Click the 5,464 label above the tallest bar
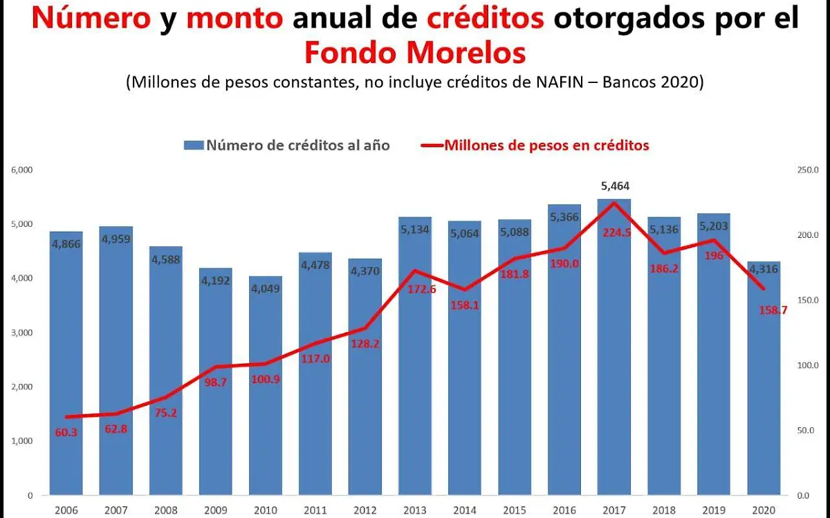click(614, 186)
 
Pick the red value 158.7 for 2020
click(773, 311)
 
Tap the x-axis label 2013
click(414, 510)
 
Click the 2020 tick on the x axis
click(763, 510)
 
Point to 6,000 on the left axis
click(23, 170)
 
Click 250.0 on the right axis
click(808, 170)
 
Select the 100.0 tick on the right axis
click(808, 365)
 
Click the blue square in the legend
click(194, 145)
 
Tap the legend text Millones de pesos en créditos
click(546, 145)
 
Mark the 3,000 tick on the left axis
click(23, 333)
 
